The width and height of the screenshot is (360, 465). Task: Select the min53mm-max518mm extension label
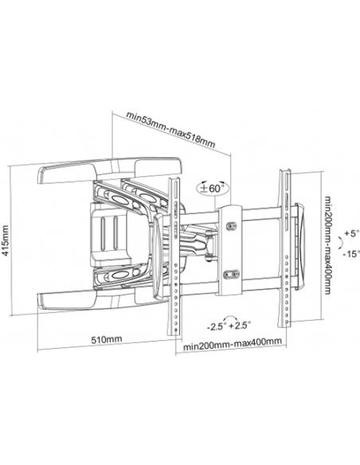pos(170,130)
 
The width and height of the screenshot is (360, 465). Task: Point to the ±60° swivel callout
pos(213,188)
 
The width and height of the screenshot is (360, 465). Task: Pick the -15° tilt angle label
pos(351,254)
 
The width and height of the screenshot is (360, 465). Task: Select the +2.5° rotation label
pos(241,326)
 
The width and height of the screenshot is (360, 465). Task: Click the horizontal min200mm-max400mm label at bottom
pos(233,344)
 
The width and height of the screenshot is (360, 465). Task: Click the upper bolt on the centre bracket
pos(230,226)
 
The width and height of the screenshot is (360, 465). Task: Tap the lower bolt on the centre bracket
pos(231,275)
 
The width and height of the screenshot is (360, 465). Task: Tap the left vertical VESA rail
pos(174,256)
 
